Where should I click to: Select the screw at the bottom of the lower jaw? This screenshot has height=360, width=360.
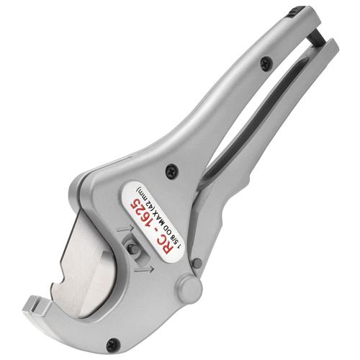[x=112, y=345]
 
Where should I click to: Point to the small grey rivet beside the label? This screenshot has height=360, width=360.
[x=197, y=263]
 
